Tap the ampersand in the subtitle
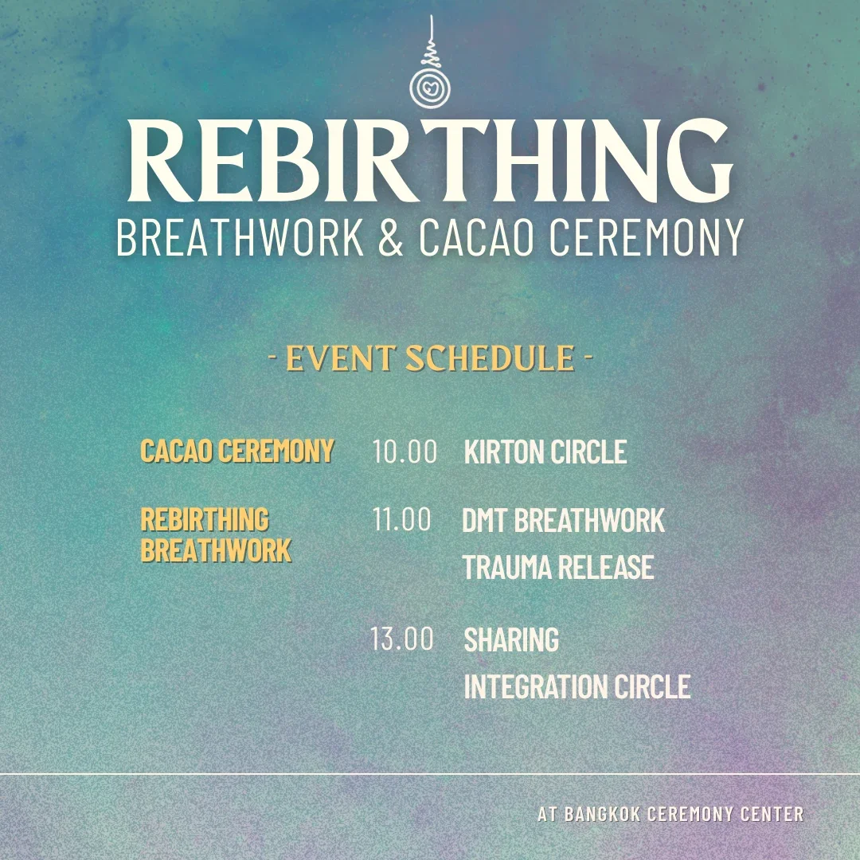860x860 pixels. (391, 236)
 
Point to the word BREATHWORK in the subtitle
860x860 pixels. (240, 236)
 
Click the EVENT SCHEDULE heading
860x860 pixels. (430, 359)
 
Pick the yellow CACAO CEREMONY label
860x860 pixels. (237, 451)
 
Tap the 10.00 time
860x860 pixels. (405, 451)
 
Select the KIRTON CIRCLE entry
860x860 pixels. (545, 452)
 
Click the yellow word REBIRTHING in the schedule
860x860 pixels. (205, 520)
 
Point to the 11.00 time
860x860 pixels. (402, 520)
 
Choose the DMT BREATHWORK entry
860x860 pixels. (563, 521)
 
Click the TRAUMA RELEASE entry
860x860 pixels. (558, 568)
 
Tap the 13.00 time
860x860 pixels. (402, 639)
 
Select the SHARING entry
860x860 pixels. (511, 639)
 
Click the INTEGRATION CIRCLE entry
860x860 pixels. (577, 686)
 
